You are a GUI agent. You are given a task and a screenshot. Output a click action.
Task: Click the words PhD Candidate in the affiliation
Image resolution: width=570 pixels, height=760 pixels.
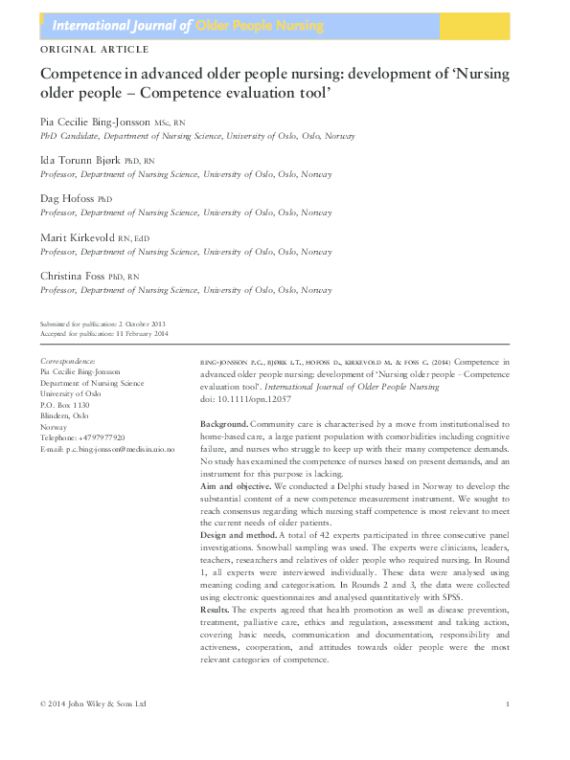[x=68, y=137]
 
